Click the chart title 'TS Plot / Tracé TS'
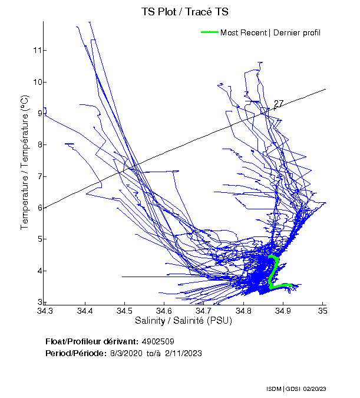tap(185, 12)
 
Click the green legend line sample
tap(210, 32)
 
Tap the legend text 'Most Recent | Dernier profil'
tap(270, 32)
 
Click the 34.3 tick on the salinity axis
tap(45, 310)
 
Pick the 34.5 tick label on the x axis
tap(124, 310)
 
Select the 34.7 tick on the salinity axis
tap(204, 310)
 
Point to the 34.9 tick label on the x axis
tap(283, 310)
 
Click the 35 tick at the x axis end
tap(323, 310)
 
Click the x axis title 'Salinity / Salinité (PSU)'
tap(183, 321)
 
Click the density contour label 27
tap(279, 104)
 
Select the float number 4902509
tap(158, 341)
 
